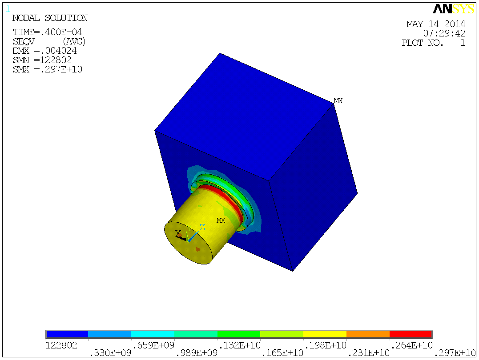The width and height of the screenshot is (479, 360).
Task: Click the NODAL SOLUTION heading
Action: click(x=50, y=18)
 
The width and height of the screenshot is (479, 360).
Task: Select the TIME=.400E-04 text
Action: click(x=47, y=32)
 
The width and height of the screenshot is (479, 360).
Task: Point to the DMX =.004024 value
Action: click(x=44, y=51)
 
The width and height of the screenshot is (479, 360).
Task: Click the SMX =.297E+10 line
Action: click(x=47, y=70)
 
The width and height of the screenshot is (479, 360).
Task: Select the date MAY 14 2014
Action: click(x=436, y=24)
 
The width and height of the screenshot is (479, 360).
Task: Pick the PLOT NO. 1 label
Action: click(x=433, y=43)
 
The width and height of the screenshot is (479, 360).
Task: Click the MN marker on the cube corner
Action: click(x=338, y=101)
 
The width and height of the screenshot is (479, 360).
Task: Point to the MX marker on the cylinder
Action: click(x=221, y=220)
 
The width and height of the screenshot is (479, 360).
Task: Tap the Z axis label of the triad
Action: click(x=202, y=227)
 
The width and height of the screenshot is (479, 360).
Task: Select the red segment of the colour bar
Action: click(x=411, y=334)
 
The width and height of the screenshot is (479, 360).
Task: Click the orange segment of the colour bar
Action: click(x=368, y=334)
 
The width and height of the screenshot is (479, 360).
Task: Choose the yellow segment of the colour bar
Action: click(x=325, y=334)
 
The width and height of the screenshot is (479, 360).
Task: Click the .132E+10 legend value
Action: click(x=238, y=345)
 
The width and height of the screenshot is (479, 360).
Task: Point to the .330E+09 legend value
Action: click(x=110, y=353)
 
